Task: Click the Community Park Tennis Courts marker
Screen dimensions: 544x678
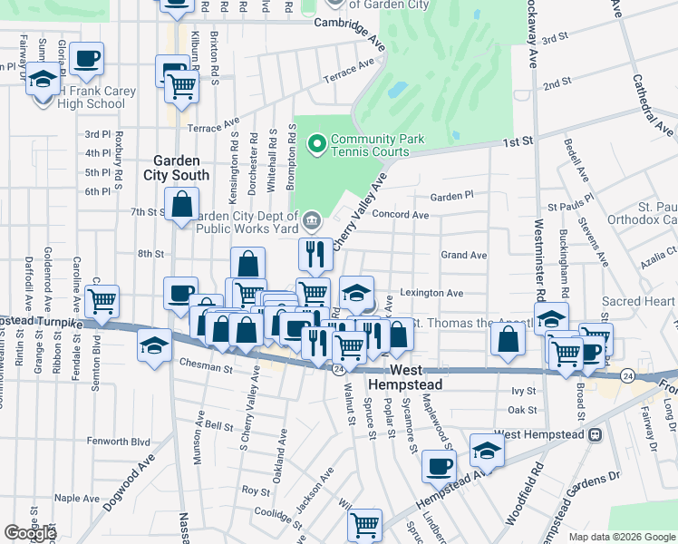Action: (316, 144)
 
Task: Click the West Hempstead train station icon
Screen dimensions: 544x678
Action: (595, 435)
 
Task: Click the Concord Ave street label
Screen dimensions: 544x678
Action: (401, 215)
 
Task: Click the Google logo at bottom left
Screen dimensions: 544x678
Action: (30, 533)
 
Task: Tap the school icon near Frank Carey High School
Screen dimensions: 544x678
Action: (42, 79)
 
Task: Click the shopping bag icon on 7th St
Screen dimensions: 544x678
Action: (182, 203)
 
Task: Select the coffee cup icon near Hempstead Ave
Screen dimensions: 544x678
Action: (440, 466)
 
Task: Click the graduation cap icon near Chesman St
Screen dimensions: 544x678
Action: (154, 345)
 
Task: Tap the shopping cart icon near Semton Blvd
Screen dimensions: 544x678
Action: (102, 299)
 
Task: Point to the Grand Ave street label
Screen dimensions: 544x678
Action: (463, 256)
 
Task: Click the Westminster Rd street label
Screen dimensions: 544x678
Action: (538, 259)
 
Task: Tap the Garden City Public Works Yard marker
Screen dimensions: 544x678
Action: (311, 219)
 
